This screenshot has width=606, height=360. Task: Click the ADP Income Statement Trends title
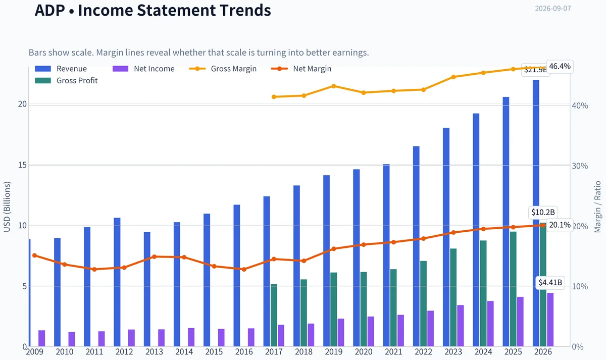point(153,10)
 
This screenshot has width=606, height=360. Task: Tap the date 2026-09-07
point(553,9)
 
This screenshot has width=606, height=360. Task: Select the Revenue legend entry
point(61,69)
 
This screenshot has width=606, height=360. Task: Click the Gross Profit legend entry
point(66,81)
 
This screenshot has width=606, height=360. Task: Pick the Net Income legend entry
point(143,69)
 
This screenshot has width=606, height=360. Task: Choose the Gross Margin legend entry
point(223,69)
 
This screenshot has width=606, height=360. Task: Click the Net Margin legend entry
point(301,69)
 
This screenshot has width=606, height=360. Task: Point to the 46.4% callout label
point(560,66)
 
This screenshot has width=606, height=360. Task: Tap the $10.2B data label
point(543,213)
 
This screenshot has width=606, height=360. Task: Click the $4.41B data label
point(550,283)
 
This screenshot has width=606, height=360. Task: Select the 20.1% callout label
point(560,225)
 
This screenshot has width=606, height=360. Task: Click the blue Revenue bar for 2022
point(416,246)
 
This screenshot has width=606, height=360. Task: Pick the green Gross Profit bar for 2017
point(274,316)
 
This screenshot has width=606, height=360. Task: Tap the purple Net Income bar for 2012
point(131,338)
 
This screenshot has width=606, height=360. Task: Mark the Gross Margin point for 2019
point(334,86)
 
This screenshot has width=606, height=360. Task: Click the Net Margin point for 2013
point(154,256)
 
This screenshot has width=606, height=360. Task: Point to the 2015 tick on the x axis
point(214,352)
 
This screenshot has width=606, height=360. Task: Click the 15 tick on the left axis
point(22,165)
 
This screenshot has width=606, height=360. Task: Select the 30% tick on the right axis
point(580,166)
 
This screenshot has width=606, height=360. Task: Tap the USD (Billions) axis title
point(7,207)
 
